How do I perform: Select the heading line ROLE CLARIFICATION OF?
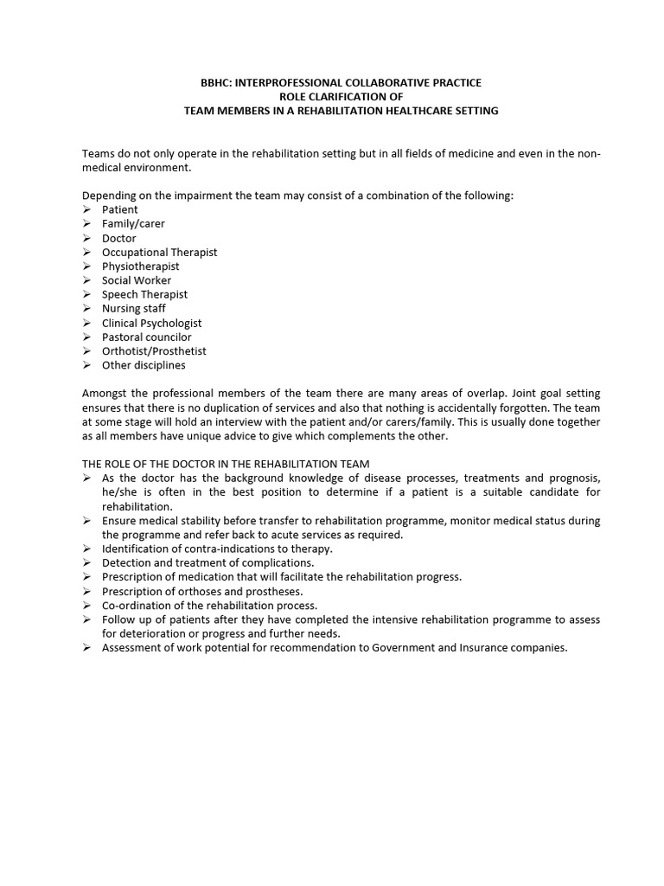[x=341, y=97]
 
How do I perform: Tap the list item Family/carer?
[x=133, y=224]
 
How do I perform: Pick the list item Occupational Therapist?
[x=159, y=252]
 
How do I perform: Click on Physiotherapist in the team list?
[x=140, y=266]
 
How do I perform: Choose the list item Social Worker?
[x=137, y=280]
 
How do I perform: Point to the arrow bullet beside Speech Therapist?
[x=87, y=294]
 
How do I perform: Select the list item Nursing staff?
[x=133, y=309]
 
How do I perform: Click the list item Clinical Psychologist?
[x=151, y=323]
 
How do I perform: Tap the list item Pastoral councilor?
[x=146, y=337]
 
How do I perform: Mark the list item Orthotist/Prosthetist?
[x=154, y=351]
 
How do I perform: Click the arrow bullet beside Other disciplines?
[x=87, y=365]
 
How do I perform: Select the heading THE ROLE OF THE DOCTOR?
[x=226, y=465]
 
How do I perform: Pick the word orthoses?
[x=188, y=592]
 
